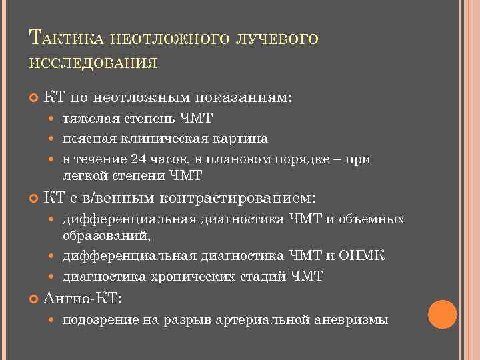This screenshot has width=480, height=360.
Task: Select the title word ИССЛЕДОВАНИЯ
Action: [93, 63]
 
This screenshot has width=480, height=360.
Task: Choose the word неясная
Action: [85, 139]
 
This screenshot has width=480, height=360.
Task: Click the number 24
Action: [139, 159]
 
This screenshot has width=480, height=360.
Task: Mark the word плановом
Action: [250, 159]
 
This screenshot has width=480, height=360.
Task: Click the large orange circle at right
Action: [442, 314]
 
